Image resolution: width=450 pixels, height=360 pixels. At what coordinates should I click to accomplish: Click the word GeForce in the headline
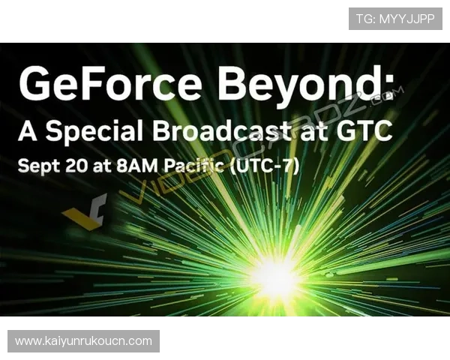click(x=110, y=82)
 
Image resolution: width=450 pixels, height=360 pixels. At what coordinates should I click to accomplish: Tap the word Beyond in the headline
click(x=299, y=87)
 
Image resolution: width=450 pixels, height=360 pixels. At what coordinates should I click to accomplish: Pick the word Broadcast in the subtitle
click(x=223, y=130)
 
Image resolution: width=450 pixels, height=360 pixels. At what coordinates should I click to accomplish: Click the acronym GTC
click(x=364, y=130)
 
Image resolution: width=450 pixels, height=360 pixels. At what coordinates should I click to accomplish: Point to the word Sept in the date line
click(x=39, y=166)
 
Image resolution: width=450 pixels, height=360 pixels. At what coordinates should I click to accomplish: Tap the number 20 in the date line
click(x=76, y=166)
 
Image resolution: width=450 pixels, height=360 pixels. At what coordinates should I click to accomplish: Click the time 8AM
click(x=137, y=166)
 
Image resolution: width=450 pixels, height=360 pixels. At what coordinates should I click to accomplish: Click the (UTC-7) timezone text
click(x=265, y=166)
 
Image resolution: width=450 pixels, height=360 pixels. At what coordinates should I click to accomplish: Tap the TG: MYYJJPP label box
click(x=395, y=19)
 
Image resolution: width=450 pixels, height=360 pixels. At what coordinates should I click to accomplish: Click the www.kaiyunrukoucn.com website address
click(x=83, y=341)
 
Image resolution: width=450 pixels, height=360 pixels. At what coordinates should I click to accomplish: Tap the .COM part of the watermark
click(x=388, y=95)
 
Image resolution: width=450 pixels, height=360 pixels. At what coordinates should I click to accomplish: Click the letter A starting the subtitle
click(x=28, y=130)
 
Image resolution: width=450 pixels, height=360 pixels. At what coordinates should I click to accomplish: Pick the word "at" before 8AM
click(x=102, y=166)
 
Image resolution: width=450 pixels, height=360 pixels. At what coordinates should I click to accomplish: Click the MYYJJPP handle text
click(x=407, y=19)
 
